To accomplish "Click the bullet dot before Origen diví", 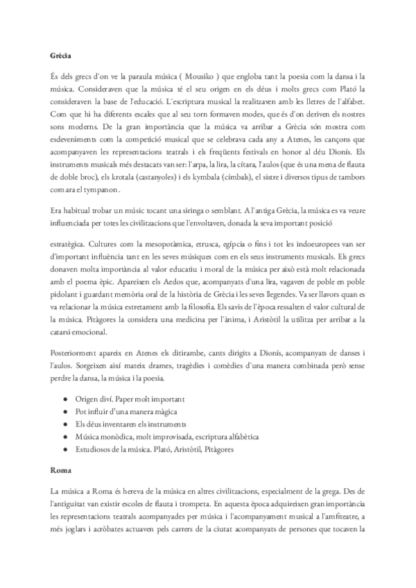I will (x=64, y=400).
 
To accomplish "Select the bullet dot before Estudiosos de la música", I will (x=64, y=449).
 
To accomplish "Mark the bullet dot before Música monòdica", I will (x=64, y=437).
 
